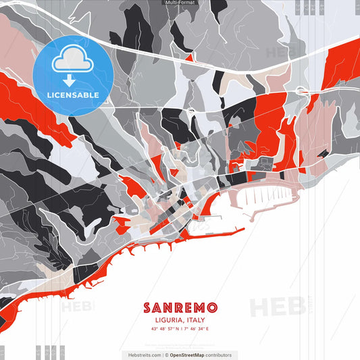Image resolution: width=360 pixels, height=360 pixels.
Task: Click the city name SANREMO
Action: tap(180, 307)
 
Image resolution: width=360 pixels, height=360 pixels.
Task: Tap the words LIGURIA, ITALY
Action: tap(180, 320)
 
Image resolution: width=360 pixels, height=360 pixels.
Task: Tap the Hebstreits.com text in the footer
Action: tap(143, 355)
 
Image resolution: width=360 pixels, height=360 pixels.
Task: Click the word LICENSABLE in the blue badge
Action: tap(73, 95)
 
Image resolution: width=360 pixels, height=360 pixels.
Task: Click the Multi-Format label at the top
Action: tap(180, 3)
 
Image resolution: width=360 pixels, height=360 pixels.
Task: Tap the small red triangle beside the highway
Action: tap(189, 58)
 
